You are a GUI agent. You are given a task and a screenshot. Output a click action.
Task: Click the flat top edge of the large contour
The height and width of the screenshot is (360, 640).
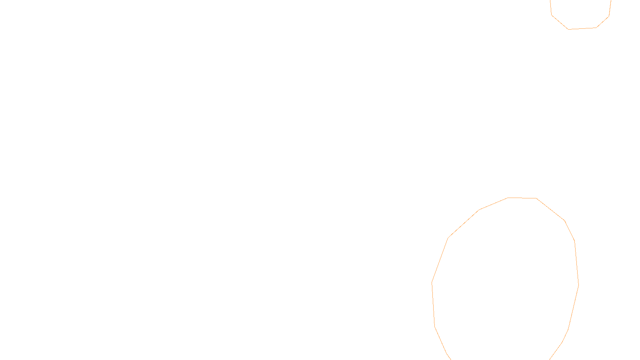pyautogui.click(x=522, y=198)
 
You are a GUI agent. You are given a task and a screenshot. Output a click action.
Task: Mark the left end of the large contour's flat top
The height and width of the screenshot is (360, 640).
pyautogui.click(x=508, y=198)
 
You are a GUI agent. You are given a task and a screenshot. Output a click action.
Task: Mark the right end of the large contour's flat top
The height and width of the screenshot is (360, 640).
pyautogui.click(x=536, y=198)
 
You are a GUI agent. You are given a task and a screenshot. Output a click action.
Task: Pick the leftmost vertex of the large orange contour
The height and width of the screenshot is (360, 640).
pyautogui.click(x=432, y=282)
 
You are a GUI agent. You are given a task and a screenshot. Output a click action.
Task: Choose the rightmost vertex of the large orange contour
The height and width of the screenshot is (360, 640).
pyautogui.click(x=578, y=285)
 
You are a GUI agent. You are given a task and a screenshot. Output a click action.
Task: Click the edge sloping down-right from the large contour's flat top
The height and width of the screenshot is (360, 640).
pyautogui.click(x=550, y=209)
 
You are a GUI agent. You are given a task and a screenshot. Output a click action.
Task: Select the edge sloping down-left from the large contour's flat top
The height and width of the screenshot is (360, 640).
pyautogui.click(x=494, y=204)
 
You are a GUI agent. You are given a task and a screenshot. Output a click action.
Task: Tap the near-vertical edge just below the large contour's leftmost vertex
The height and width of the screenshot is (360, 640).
pyautogui.click(x=433, y=304)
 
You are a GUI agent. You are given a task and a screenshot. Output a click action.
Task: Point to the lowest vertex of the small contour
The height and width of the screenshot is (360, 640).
pyautogui.click(x=568, y=29)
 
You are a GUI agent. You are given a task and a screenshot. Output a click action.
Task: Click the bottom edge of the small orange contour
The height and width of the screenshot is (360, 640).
pyautogui.click(x=582, y=28)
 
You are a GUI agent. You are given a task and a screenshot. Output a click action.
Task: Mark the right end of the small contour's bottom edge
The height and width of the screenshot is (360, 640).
pyautogui.click(x=596, y=28)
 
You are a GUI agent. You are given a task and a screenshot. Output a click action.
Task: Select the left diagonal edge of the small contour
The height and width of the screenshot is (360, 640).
pyautogui.click(x=560, y=22)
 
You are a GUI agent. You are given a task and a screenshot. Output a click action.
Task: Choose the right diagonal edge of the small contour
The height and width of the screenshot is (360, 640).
pyautogui.click(x=603, y=22)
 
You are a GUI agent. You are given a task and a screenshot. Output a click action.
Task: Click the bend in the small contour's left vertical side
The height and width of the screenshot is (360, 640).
pyautogui.click(x=552, y=15)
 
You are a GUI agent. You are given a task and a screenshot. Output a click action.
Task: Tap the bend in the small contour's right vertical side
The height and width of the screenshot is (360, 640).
pyautogui.click(x=609, y=16)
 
